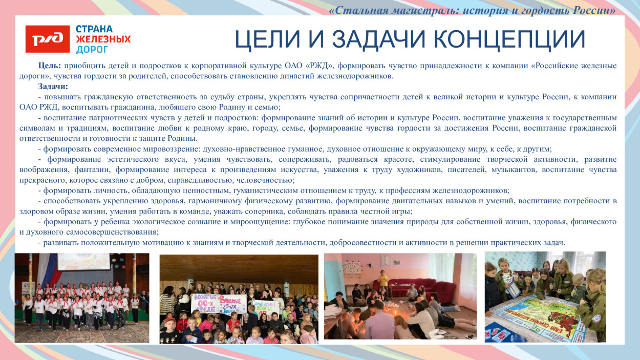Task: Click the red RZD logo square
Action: point(48,39)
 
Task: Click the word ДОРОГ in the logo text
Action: point(92,50)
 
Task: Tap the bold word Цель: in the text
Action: point(50,66)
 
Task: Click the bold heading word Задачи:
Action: point(53,87)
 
